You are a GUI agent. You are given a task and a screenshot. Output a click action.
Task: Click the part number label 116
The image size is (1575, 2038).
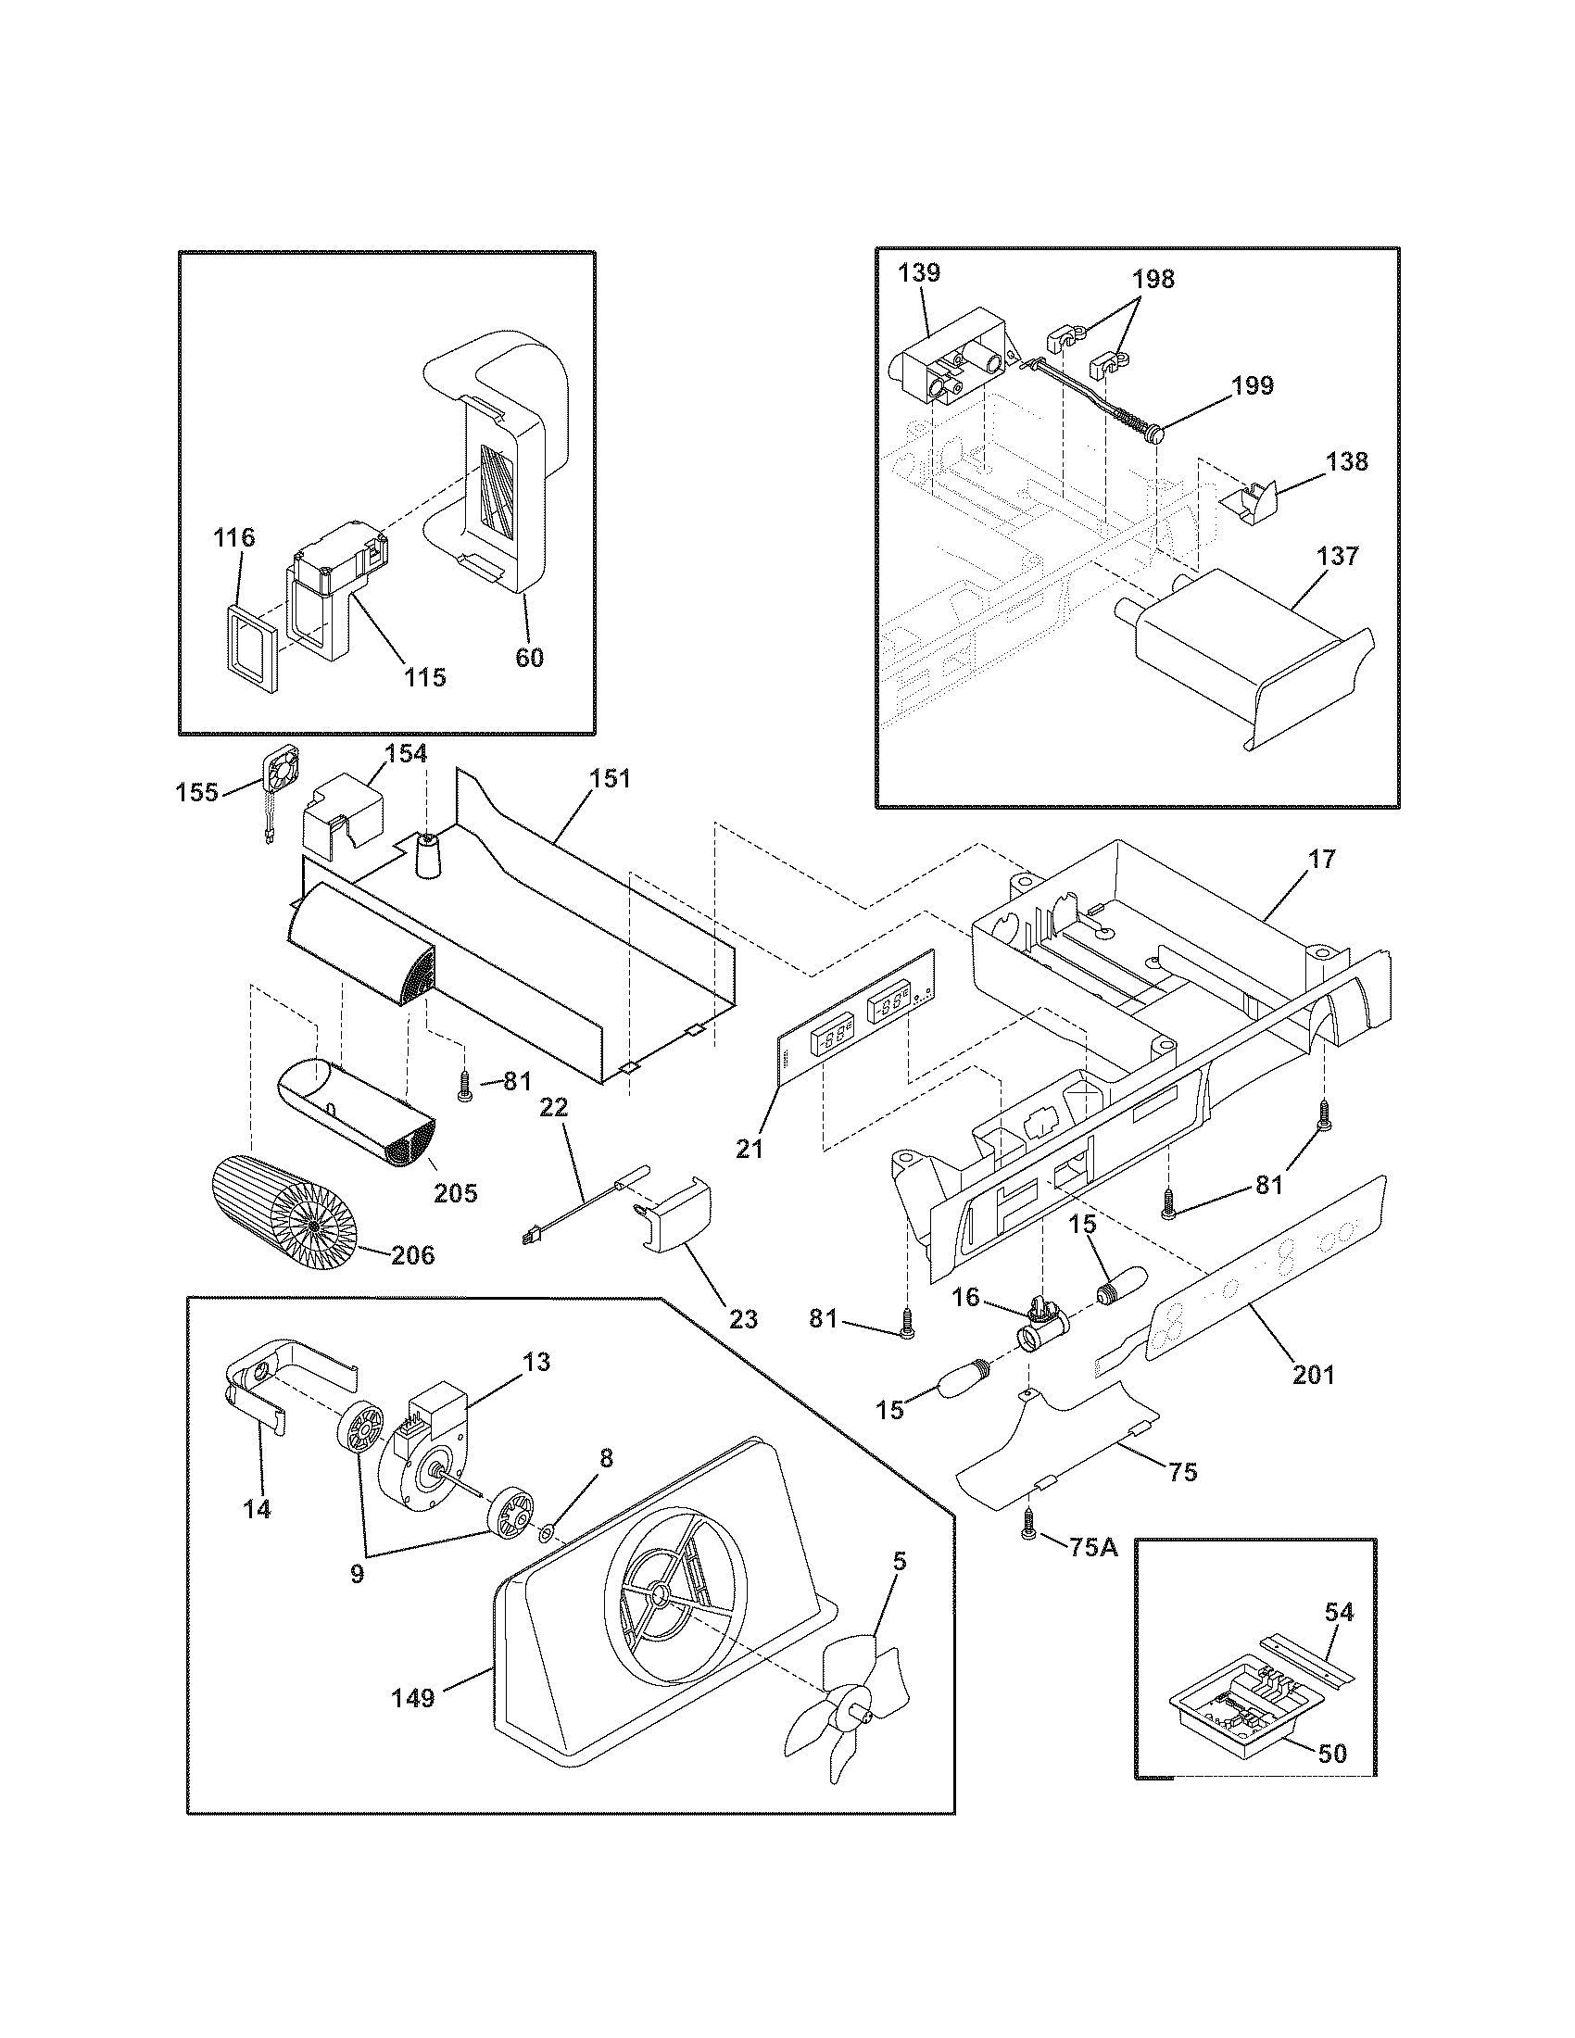pos(233,537)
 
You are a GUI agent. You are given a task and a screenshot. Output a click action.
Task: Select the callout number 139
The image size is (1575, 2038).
pos(919,273)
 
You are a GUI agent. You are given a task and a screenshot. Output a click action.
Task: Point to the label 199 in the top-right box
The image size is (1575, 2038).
pos(1253,385)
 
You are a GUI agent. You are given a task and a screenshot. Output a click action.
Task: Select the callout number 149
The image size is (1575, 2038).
pos(412,1698)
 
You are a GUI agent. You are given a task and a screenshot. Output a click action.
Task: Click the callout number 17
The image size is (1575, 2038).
pos(1322,859)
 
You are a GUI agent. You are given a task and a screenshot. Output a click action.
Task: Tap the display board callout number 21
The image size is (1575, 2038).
pos(750,1150)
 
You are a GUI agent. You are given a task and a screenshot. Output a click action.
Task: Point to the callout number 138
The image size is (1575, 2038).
pos(1346,461)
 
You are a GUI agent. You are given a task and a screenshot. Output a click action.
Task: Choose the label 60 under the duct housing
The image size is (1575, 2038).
pos(529,657)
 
